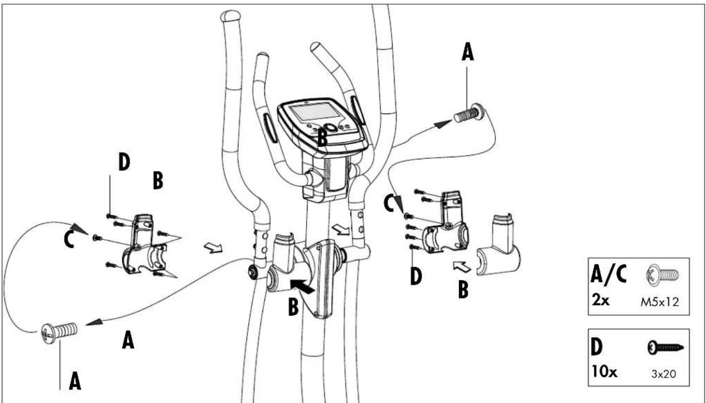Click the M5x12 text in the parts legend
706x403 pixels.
click(x=659, y=303)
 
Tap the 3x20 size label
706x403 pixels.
click(x=664, y=374)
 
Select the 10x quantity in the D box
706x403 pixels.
click(x=604, y=372)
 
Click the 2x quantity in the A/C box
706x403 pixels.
click(x=600, y=301)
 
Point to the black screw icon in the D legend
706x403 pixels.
click(x=665, y=348)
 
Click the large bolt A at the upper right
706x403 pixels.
click(x=469, y=113)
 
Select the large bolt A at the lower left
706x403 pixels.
click(x=59, y=332)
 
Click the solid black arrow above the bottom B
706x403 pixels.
click(x=302, y=285)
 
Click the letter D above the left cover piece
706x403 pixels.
click(x=124, y=162)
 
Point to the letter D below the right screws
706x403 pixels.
click(x=416, y=277)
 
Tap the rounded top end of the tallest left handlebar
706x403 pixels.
click(x=230, y=15)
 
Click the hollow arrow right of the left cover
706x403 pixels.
click(x=213, y=248)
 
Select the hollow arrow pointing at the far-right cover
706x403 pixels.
click(x=462, y=267)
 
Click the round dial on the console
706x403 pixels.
click(x=331, y=127)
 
